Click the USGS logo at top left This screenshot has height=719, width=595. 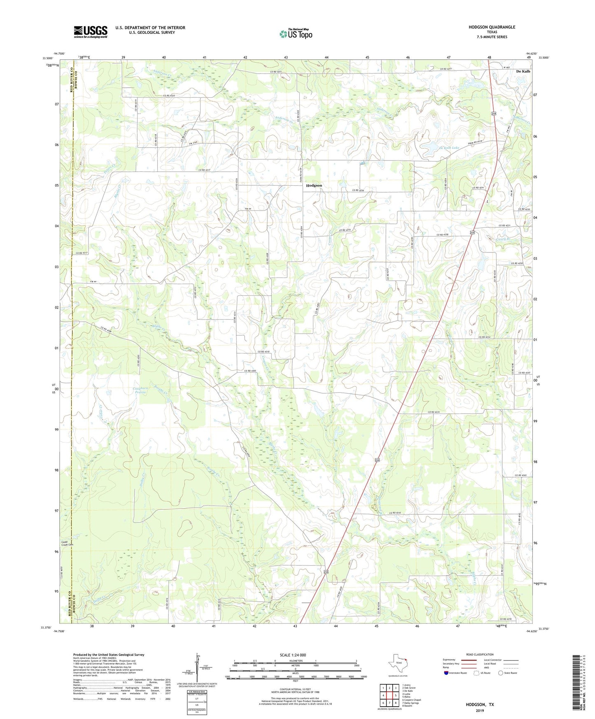(x=90, y=32)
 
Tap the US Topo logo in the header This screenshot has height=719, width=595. (x=295, y=34)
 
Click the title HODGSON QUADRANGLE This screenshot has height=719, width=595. (x=492, y=27)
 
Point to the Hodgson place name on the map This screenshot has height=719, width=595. (x=314, y=186)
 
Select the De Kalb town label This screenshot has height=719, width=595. (x=523, y=71)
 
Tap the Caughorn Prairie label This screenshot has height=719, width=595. (x=141, y=390)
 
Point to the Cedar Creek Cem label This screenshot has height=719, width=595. (x=67, y=543)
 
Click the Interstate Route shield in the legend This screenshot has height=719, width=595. (x=446, y=673)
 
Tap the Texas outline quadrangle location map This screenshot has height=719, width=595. (x=398, y=663)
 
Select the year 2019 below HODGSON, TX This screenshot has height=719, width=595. (x=480, y=710)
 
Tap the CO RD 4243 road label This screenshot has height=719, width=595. (x=394, y=512)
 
